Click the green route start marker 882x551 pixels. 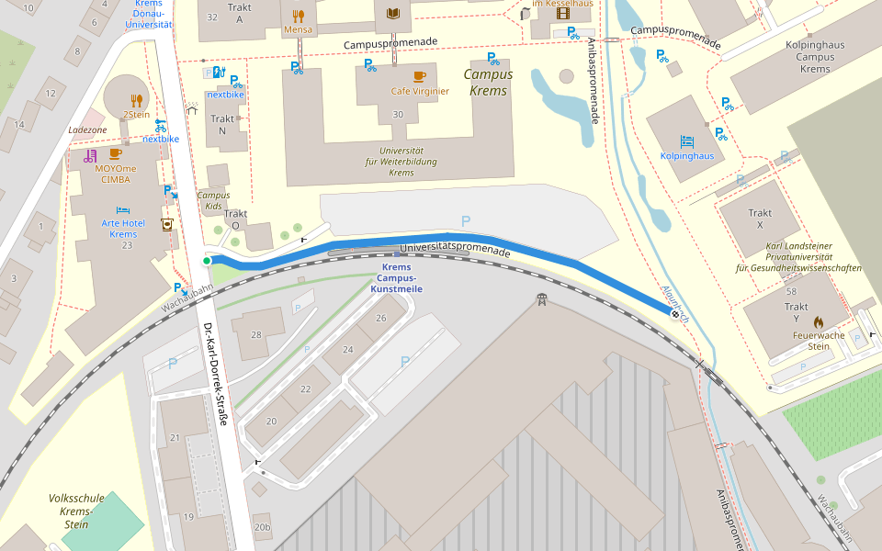pyautogui.click(x=207, y=261)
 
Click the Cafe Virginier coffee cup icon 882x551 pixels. pyautogui.click(x=420, y=76)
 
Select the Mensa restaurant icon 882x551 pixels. pyautogui.click(x=298, y=16)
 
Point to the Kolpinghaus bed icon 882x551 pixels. pyautogui.click(x=687, y=141)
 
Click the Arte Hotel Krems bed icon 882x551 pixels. pyautogui.click(x=123, y=210)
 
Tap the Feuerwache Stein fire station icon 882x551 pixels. pyautogui.click(x=818, y=322)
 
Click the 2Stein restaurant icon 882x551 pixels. pyautogui.click(x=136, y=101)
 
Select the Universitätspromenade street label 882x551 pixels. pyautogui.click(x=456, y=248)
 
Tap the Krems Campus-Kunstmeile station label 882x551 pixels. pyautogui.click(x=395, y=278)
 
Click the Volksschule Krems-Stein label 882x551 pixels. pyautogui.click(x=76, y=512)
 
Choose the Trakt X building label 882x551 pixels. pyautogui.click(x=760, y=219)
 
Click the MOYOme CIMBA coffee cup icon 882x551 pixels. pyautogui.click(x=116, y=154)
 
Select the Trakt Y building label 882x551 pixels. pyautogui.click(x=797, y=313)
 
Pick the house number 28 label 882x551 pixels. pyautogui.click(x=256, y=335)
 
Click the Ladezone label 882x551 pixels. pyautogui.click(x=88, y=129)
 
